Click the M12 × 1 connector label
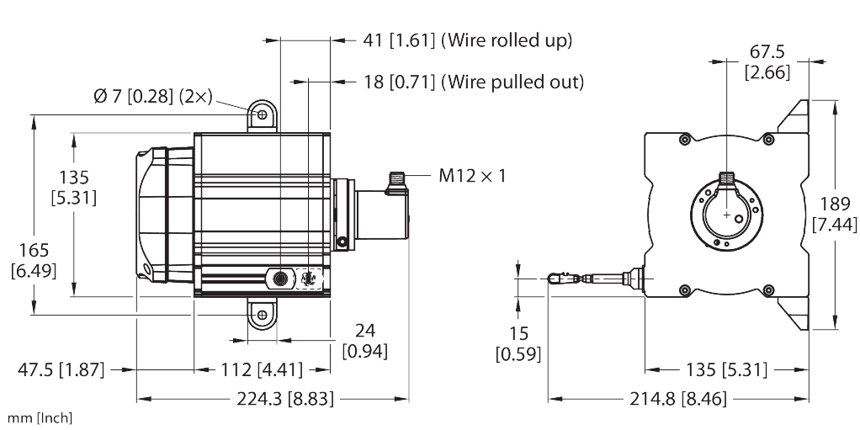(472, 176)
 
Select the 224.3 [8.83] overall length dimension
(284, 399)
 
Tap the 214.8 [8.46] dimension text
(678, 399)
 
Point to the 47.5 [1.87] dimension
(61, 369)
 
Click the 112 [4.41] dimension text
(262, 369)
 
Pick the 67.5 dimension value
(767, 52)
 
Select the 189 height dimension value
(836, 204)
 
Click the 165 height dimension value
(34, 251)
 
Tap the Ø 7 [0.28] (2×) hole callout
(152, 97)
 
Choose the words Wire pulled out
(512, 82)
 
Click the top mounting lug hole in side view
(263, 114)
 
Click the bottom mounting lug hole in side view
(263, 315)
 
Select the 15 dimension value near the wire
(518, 333)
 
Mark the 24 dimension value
(364, 331)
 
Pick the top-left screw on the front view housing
(684, 140)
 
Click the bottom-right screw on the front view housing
(768, 289)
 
